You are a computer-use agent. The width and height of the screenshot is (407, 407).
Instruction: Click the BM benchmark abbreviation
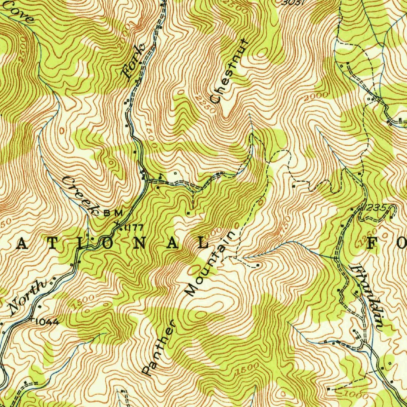point(113,213)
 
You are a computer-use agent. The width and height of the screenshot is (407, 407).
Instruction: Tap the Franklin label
point(368,296)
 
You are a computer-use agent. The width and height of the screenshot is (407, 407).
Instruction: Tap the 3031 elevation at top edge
point(295,2)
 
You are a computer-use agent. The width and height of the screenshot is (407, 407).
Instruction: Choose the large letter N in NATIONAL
point(139,244)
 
